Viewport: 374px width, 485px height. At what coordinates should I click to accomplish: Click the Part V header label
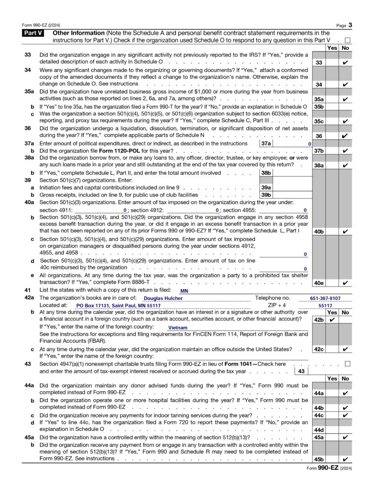tap(35, 33)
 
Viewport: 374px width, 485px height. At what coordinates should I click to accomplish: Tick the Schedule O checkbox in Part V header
tap(348, 41)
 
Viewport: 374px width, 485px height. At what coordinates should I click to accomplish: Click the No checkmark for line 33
tap(345, 62)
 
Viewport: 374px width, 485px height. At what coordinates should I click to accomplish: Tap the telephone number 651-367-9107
tap(325, 298)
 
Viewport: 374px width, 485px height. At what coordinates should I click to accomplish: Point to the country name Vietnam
tap(178, 327)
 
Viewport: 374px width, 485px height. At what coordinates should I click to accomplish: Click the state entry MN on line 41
tap(184, 290)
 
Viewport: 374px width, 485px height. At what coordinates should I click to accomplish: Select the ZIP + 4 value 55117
tap(325, 306)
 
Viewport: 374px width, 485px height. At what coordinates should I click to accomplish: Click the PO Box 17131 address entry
tap(118, 306)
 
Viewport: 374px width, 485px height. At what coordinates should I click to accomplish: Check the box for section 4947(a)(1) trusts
tap(348, 364)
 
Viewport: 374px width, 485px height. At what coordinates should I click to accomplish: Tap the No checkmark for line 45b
tap(345, 459)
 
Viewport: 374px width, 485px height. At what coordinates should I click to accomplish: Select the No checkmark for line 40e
tap(345, 283)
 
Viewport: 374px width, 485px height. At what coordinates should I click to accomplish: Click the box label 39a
tap(266, 188)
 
